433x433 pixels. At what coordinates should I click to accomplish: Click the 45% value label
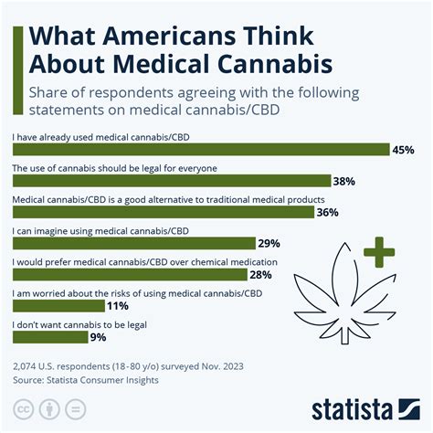(404, 151)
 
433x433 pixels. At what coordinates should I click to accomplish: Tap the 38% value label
(344, 182)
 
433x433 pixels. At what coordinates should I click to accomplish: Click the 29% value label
(269, 244)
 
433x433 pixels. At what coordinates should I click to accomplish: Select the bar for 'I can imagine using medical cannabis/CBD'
(132, 244)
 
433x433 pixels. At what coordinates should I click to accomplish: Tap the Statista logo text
(365, 407)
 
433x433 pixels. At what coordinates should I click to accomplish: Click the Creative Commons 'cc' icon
(21, 408)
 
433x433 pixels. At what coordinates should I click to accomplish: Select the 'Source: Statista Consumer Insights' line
(85, 380)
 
